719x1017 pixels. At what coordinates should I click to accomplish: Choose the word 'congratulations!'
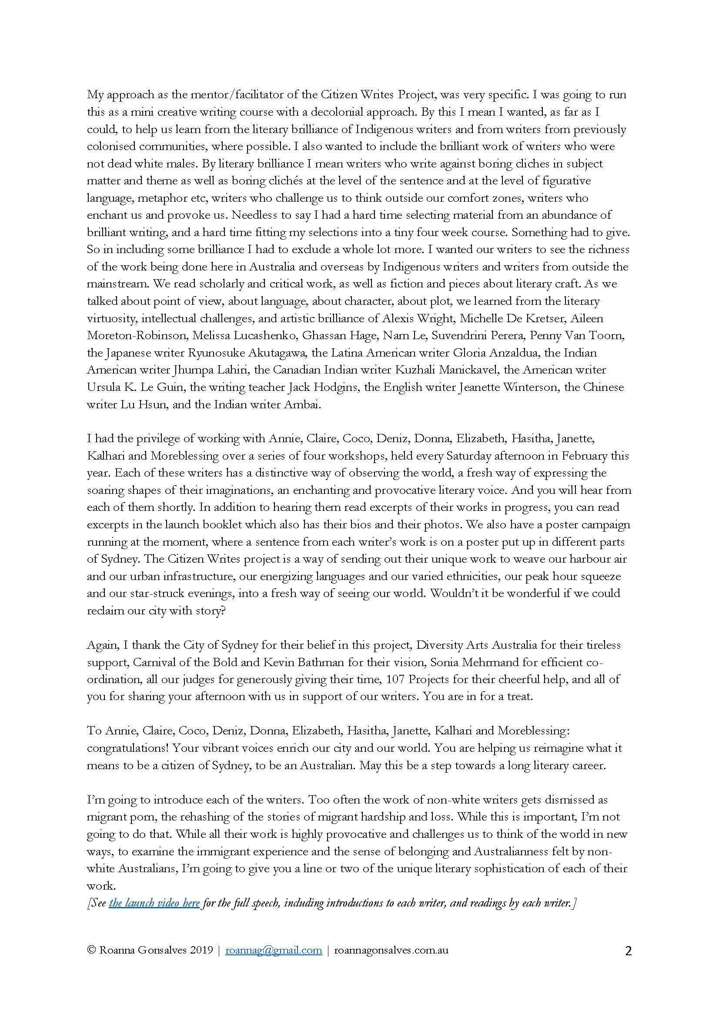point(127,748)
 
